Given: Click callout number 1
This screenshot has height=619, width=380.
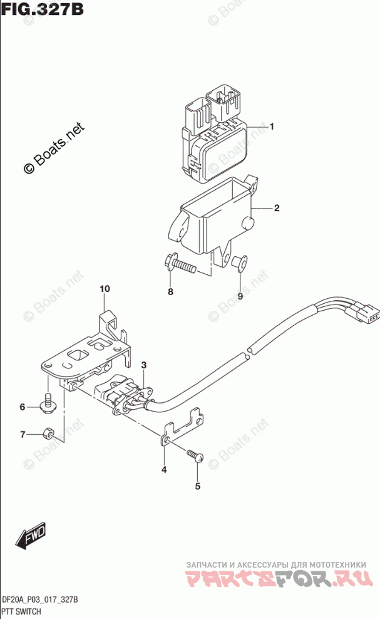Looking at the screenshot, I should point(273,128).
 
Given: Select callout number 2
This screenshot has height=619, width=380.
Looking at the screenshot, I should point(276,208).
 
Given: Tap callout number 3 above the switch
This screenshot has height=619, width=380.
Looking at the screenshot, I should point(143,365).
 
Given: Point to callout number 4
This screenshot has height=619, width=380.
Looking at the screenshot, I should point(164,470).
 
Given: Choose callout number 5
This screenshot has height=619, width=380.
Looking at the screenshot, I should point(197,486).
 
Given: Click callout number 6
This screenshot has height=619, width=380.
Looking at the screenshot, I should point(22,407).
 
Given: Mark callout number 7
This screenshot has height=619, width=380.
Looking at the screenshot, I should point(22,435).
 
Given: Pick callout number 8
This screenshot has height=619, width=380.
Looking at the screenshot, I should point(169,292).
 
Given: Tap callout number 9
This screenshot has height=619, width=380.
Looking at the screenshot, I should point(240,292).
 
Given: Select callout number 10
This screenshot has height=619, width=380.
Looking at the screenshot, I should point(104,289).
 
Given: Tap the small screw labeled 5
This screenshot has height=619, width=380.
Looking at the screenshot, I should point(195,457).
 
